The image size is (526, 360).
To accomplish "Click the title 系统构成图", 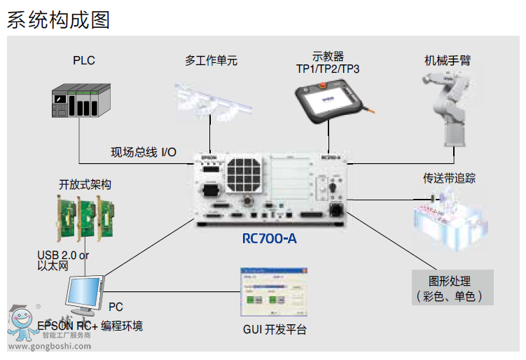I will pyautogui.click(x=59, y=19).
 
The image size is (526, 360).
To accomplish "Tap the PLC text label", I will pyautogui.click(x=83, y=60).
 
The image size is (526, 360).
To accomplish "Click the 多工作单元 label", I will pyautogui.click(x=212, y=60).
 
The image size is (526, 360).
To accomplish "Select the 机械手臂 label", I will pyautogui.click(x=448, y=60).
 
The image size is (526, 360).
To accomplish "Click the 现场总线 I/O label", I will pyautogui.click(x=144, y=152).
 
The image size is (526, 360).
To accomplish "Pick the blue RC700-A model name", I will pyautogui.click(x=270, y=239).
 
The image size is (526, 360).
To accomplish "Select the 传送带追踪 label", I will pyautogui.click(x=450, y=178).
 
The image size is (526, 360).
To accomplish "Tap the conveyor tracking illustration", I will pyautogui.click(x=450, y=216).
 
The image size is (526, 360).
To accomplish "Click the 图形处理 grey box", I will pyautogui.click(x=452, y=287).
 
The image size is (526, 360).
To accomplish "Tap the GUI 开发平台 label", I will pyautogui.click(x=275, y=330).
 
